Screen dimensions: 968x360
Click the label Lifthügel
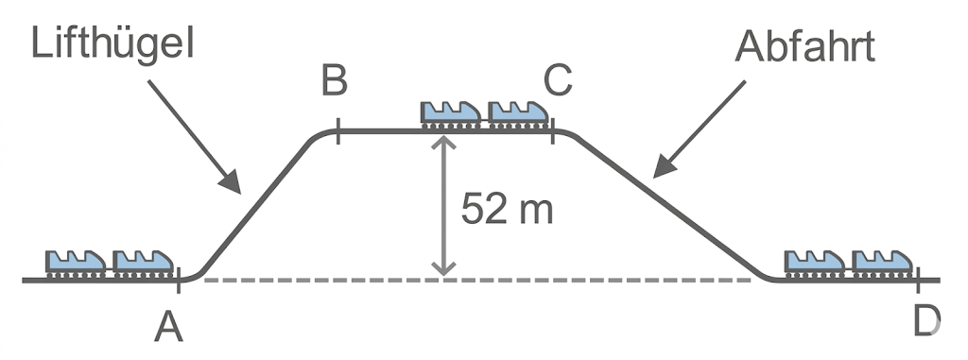point(112,43)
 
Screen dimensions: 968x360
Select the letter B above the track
point(334,81)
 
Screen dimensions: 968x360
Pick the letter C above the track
point(558,81)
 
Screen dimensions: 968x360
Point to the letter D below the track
point(925,322)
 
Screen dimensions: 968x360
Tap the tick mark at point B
point(337,130)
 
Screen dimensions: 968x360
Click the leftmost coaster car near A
point(76,262)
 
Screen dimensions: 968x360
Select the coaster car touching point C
point(518,113)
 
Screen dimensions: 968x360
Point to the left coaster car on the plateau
point(451,113)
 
